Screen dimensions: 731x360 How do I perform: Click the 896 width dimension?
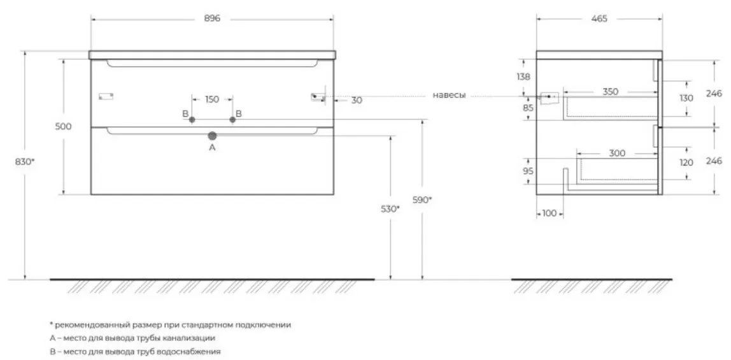[211, 18]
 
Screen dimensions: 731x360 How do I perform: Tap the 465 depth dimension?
[599, 18]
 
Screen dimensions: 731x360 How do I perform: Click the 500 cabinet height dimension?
[64, 126]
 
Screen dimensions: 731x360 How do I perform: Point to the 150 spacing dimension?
[211, 99]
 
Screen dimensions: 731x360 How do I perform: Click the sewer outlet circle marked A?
[213, 136]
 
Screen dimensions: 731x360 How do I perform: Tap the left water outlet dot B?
[192, 120]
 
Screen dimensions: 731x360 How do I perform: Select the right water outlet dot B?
[232, 120]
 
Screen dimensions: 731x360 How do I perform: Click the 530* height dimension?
[390, 209]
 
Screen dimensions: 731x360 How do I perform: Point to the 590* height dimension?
[422, 199]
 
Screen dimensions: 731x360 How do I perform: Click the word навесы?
[449, 95]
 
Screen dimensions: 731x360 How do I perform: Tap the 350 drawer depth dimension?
[610, 92]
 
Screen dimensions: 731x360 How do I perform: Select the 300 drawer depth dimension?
[617, 153]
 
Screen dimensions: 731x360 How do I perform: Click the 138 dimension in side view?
[524, 77]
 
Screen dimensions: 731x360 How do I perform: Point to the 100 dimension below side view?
[550, 213]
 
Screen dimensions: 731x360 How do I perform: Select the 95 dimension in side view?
[528, 171]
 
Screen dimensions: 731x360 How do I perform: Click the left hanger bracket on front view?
[106, 96]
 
